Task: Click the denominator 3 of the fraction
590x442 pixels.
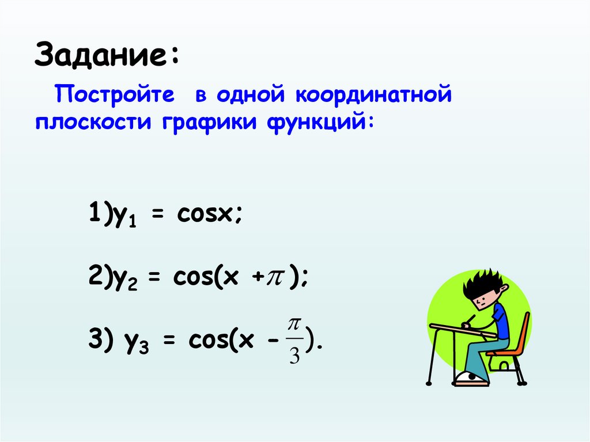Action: click(x=294, y=358)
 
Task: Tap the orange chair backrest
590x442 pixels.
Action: click(x=524, y=332)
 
